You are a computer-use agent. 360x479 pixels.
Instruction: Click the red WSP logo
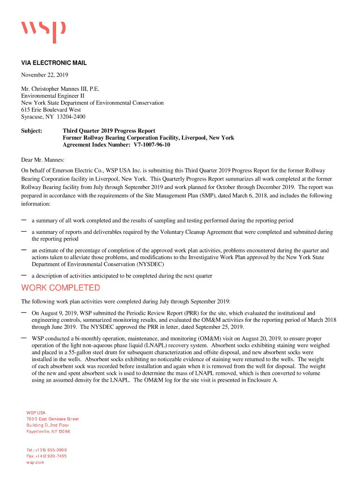43,31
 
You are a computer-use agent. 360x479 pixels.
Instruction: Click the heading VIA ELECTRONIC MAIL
54,63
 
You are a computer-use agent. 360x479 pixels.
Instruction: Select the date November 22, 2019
45,75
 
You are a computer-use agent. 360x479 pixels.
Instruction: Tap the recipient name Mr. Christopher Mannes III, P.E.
60,88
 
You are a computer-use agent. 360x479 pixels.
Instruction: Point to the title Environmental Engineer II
52,95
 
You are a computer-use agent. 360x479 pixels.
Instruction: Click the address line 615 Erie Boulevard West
51,109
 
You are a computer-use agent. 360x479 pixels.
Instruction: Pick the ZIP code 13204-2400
71,116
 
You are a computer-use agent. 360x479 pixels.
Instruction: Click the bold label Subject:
32,131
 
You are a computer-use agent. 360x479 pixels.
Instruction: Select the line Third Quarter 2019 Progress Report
109,131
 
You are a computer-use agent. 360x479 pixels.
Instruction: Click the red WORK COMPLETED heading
60,288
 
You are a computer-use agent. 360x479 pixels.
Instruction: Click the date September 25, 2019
215,327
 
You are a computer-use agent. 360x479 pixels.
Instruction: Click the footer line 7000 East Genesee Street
52,419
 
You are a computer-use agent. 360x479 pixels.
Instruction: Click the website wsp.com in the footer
35,462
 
